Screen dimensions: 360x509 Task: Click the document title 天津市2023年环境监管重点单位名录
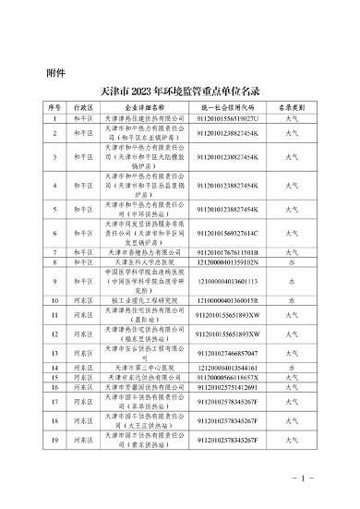(x=178, y=91)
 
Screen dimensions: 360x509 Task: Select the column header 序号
(x=54, y=108)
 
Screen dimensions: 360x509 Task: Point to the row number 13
(x=54, y=353)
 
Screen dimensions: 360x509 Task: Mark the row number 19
(x=54, y=442)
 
